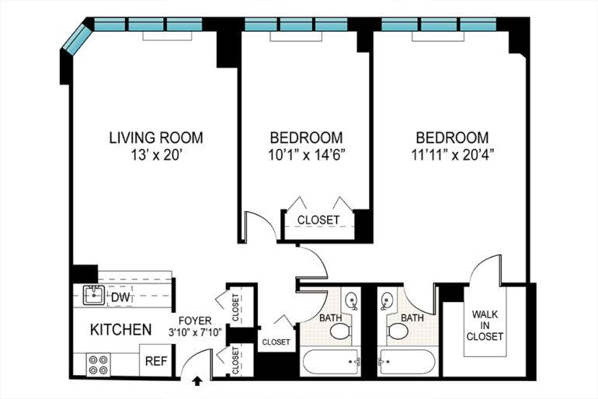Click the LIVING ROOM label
pyautogui.click(x=156, y=137)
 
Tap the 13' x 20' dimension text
pyautogui.click(x=155, y=155)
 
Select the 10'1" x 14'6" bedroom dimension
pyautogui.click(x=307, y=155)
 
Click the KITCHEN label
pyautogui.click(x=121, y=330)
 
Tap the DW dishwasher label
pyautogui.click(x=121, y=297)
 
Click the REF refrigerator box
pyautogui.click(x=156, y=360)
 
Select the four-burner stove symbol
pyautogui.click(x=99, y=365)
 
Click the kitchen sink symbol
pyautogui.click(x=94, y=295)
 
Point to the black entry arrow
pyautogui.click(x=197, y=381)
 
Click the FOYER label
pyautogui.click(x=195, y=321)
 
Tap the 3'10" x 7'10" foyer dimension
pyautogui.click(x=195, y=332)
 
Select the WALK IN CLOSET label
pyautogui.click(x=485, y=325)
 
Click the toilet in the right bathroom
pyautogui.click(x=398, y=331)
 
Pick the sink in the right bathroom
pyautogui.click(x=387, y=300)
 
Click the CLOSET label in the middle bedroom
pyautogui.click(x=318, y=220)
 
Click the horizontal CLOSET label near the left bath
pyautogui.click(x=276, y=342)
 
